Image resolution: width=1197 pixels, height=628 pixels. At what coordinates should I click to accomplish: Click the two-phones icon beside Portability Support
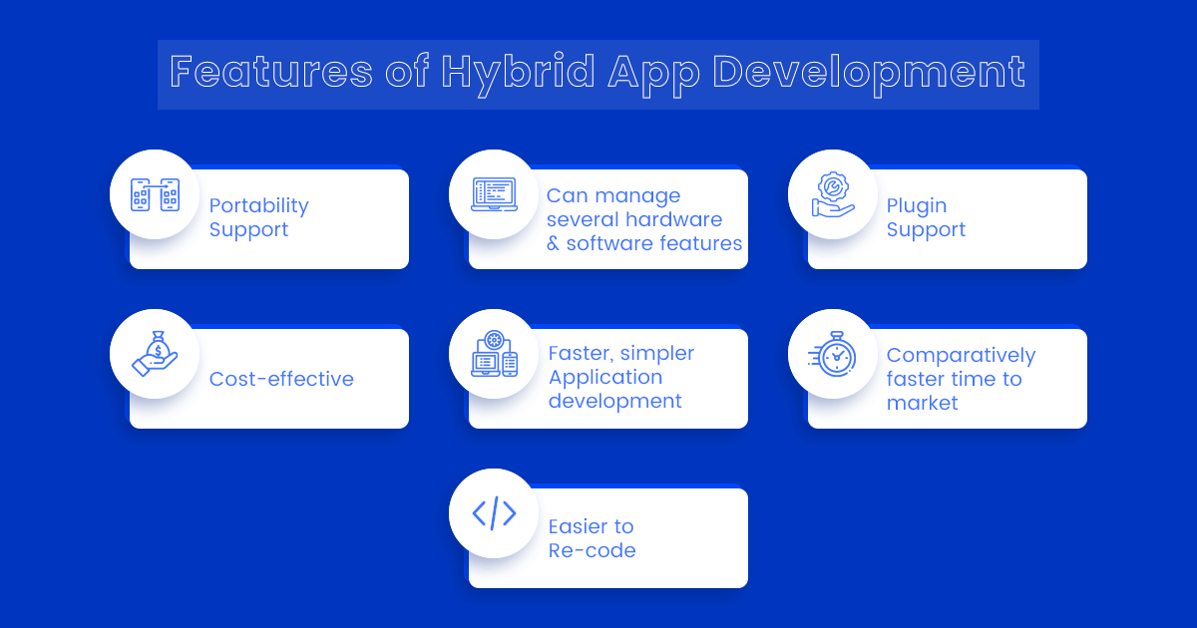[x=155, y=194]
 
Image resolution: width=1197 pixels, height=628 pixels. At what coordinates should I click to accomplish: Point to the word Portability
[x=259, y=205]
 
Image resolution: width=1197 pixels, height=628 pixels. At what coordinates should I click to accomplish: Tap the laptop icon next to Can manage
[x=494, y=194]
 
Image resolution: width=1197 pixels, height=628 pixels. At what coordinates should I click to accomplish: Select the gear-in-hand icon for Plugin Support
[x=833, y=194]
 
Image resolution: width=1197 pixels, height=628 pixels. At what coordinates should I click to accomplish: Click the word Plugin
[x=917, y=205]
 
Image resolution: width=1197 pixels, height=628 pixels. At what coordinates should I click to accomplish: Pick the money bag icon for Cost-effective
[x=155, y=354]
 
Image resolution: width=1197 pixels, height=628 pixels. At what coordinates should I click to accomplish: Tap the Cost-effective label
[x=281, y=379]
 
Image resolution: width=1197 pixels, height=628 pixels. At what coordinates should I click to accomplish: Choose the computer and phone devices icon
[x=494, y=354]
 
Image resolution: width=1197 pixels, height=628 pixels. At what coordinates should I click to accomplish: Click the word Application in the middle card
[x=605, y=377]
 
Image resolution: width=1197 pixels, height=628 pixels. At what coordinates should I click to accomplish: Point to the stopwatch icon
[x=833, y=354]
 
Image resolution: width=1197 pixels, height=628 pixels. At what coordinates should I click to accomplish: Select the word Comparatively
[x=962, y=355]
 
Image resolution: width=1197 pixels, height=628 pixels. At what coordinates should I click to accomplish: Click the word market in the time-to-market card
[x=923, y=403]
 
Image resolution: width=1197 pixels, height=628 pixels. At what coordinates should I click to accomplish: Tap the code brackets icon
[x=494, y=513]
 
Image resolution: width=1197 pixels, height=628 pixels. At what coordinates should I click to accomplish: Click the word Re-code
[x=593, y=550]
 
